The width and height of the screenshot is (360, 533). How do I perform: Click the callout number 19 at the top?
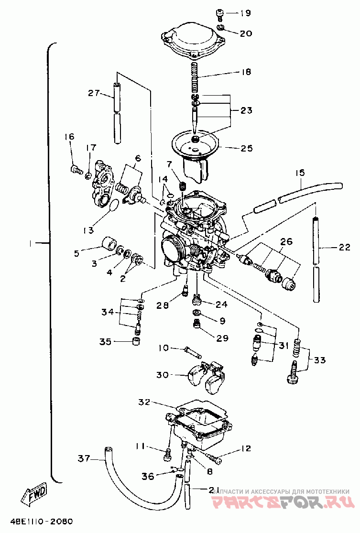(245, 13)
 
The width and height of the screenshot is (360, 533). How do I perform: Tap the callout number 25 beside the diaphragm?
(246, 149)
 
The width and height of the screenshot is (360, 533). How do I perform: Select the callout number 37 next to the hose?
(84, 459)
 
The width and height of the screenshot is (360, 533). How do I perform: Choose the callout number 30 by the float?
(163, 375)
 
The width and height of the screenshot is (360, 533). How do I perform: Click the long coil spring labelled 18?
(195, 79)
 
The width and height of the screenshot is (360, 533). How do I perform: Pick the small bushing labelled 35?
(136, 342)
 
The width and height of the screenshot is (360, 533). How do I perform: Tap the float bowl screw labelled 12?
(215, 458)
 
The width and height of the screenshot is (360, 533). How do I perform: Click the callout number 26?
(286, 242)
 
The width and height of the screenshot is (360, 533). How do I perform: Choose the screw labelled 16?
(75, 168)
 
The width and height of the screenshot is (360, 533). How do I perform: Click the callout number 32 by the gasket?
(145, 402)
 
